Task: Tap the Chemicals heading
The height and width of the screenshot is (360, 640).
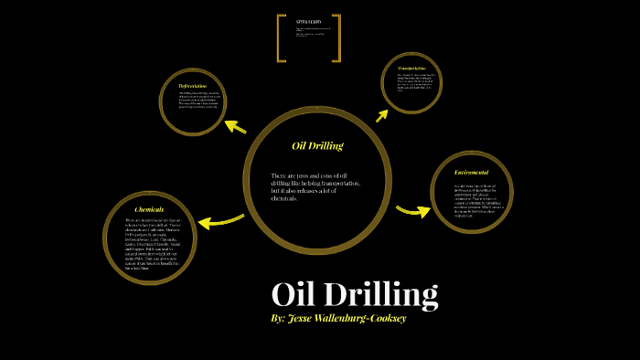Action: (x=149, y=209)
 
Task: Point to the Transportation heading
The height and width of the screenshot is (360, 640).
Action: (x=411, y=68)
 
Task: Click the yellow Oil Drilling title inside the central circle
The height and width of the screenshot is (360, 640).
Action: (x=317, y=146)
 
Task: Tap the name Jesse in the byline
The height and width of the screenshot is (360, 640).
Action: (x=304, y=319)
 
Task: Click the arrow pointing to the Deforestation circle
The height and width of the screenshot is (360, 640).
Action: (x=235, y=126)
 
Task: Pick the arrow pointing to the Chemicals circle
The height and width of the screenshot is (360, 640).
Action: (x=220, y=220)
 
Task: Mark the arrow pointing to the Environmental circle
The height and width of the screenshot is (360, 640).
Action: (x=413, y=211)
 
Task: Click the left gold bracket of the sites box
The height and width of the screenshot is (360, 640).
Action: (x=281, y=38)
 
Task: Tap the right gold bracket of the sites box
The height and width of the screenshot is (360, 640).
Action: (x=336, y=38)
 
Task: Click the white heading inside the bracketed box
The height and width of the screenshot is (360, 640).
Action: (x=308, y=21)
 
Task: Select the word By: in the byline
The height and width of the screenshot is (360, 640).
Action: (x=279, y=319)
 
